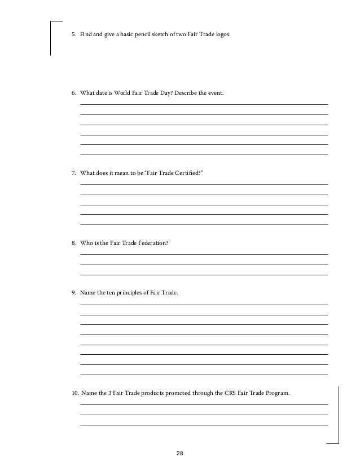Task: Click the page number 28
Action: click(x=180, y=453)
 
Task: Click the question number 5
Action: click(x=73, y=34)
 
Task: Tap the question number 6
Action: click(x=73, y=92)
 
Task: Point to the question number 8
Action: click(x=73, y=243)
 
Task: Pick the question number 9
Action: click(x=73, y=292)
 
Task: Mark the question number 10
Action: click(x=74, y=393)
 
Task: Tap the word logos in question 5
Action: click(x=222, y=34)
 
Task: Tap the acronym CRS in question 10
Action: click(x=222, y=393)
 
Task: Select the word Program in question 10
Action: click(x=276, y=393)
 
